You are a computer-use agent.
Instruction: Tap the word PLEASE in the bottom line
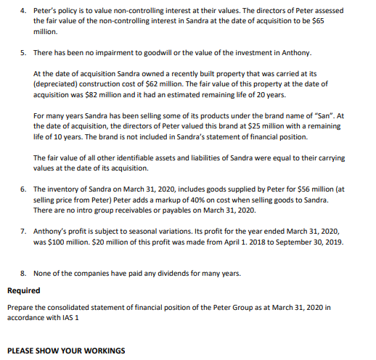[21, 351]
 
